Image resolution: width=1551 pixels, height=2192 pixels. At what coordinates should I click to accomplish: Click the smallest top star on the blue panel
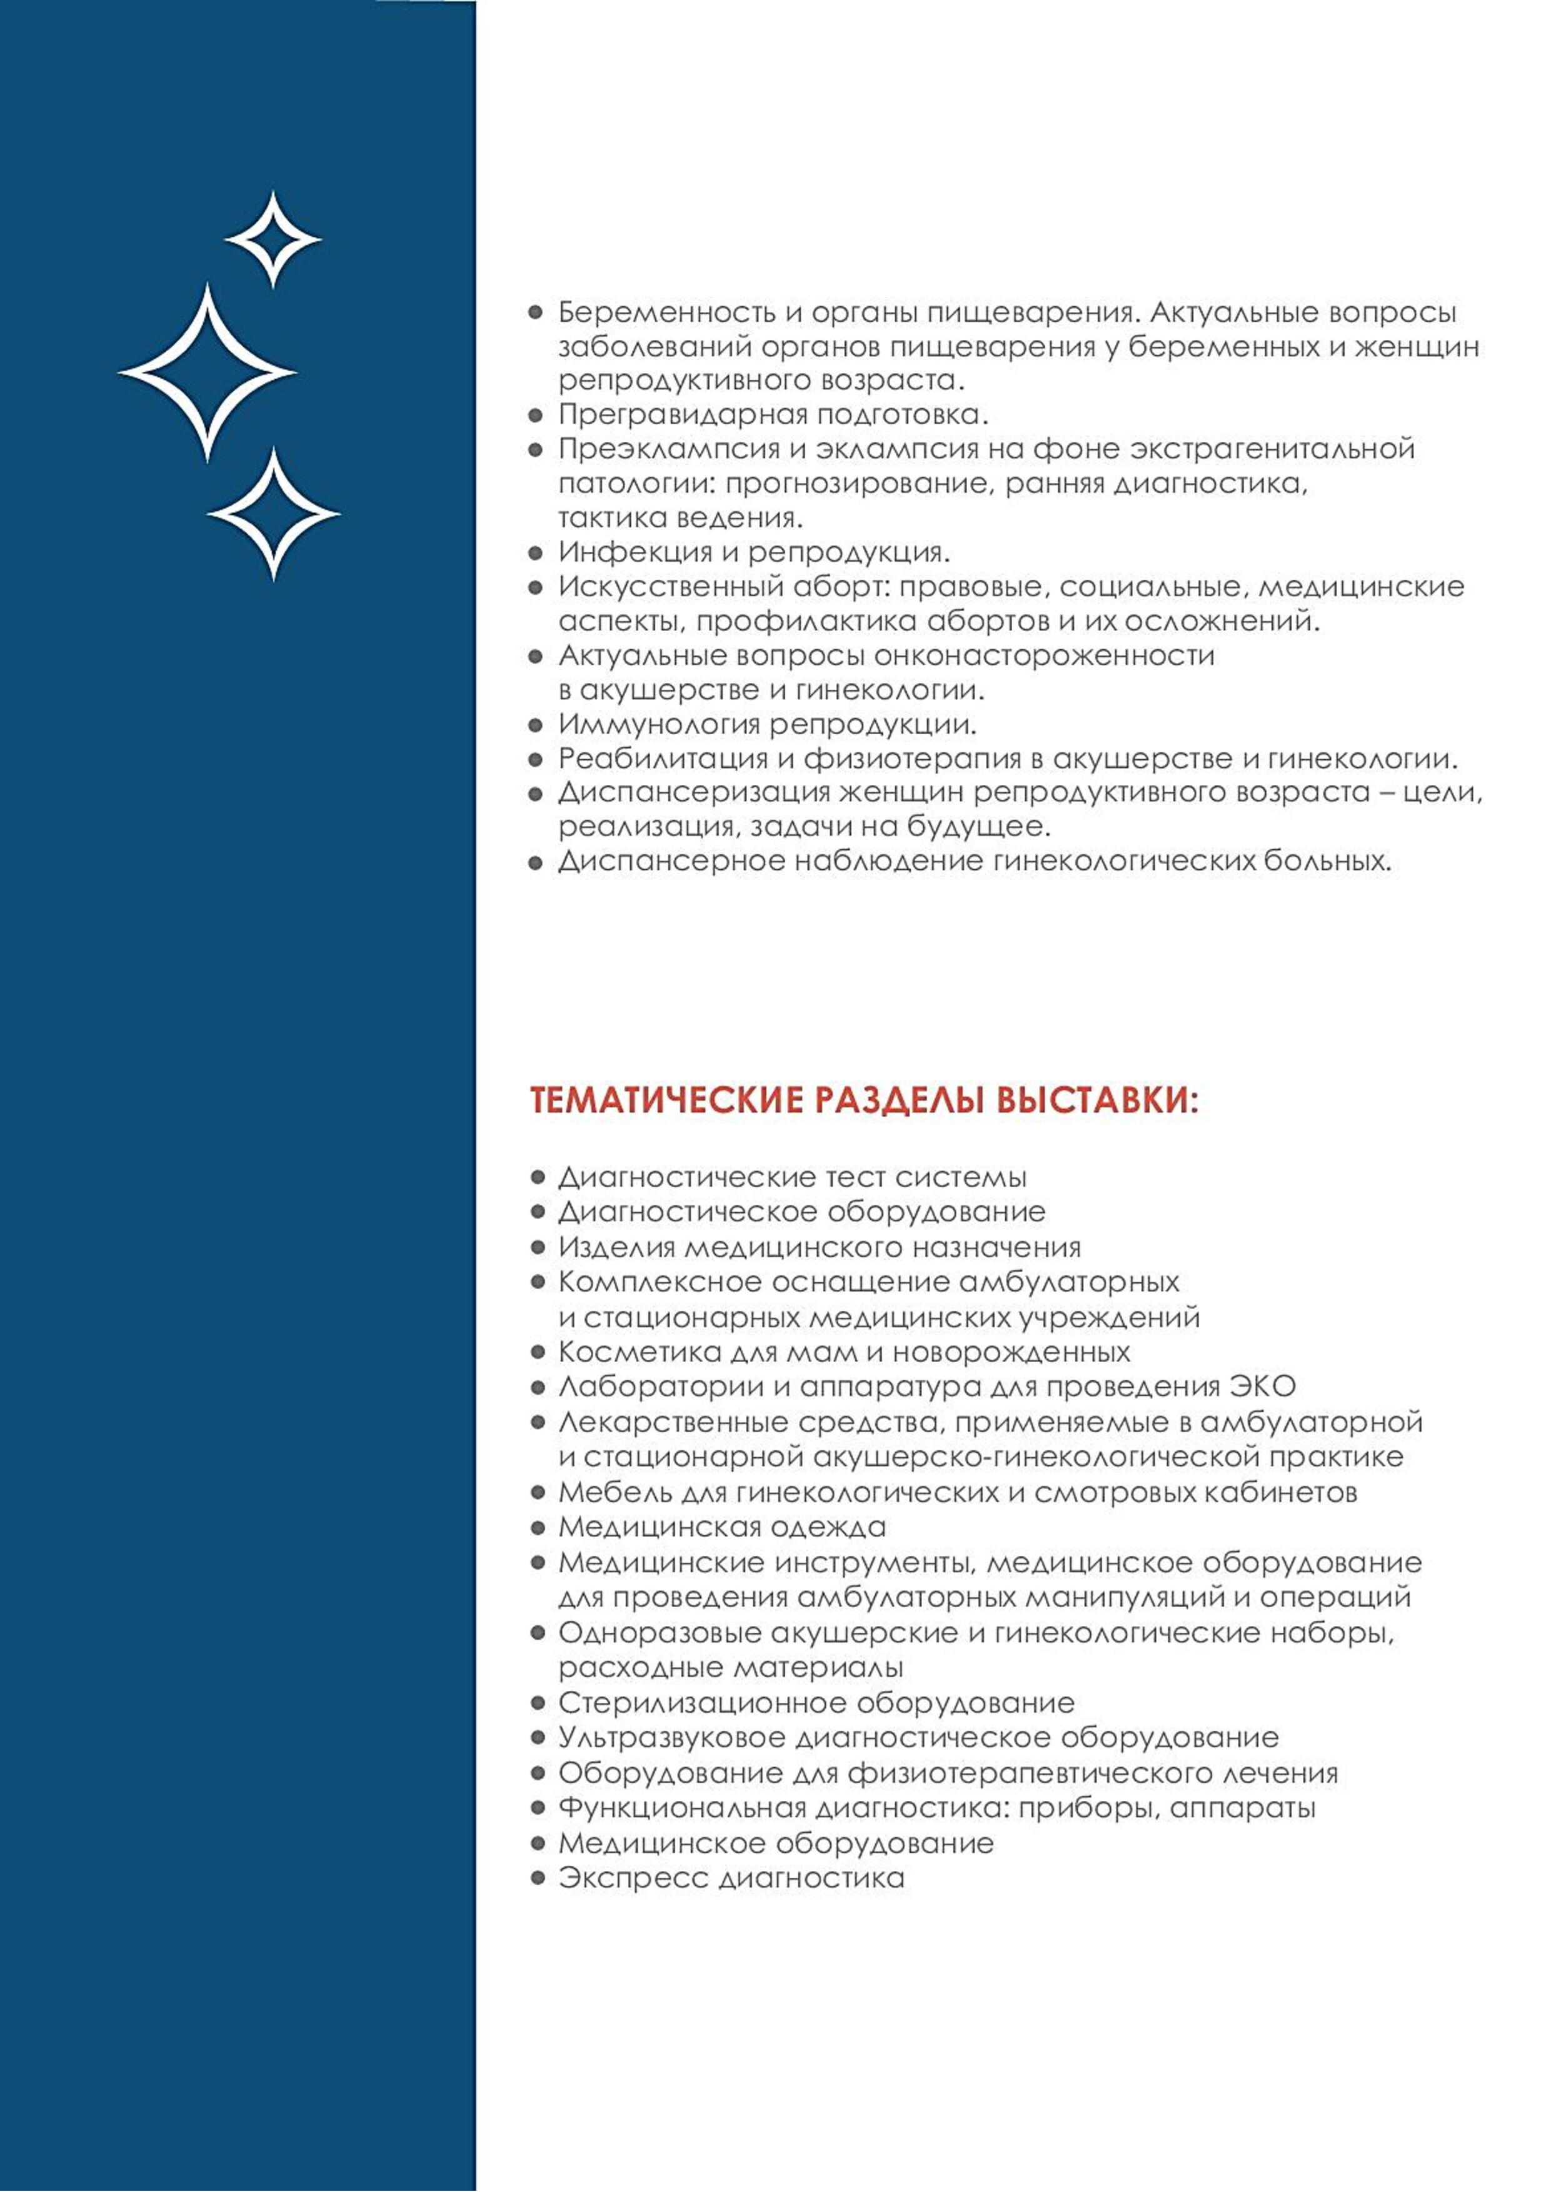[x=273, y=239]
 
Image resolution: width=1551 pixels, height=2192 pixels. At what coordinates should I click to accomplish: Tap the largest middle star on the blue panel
[x=208, y=372]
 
